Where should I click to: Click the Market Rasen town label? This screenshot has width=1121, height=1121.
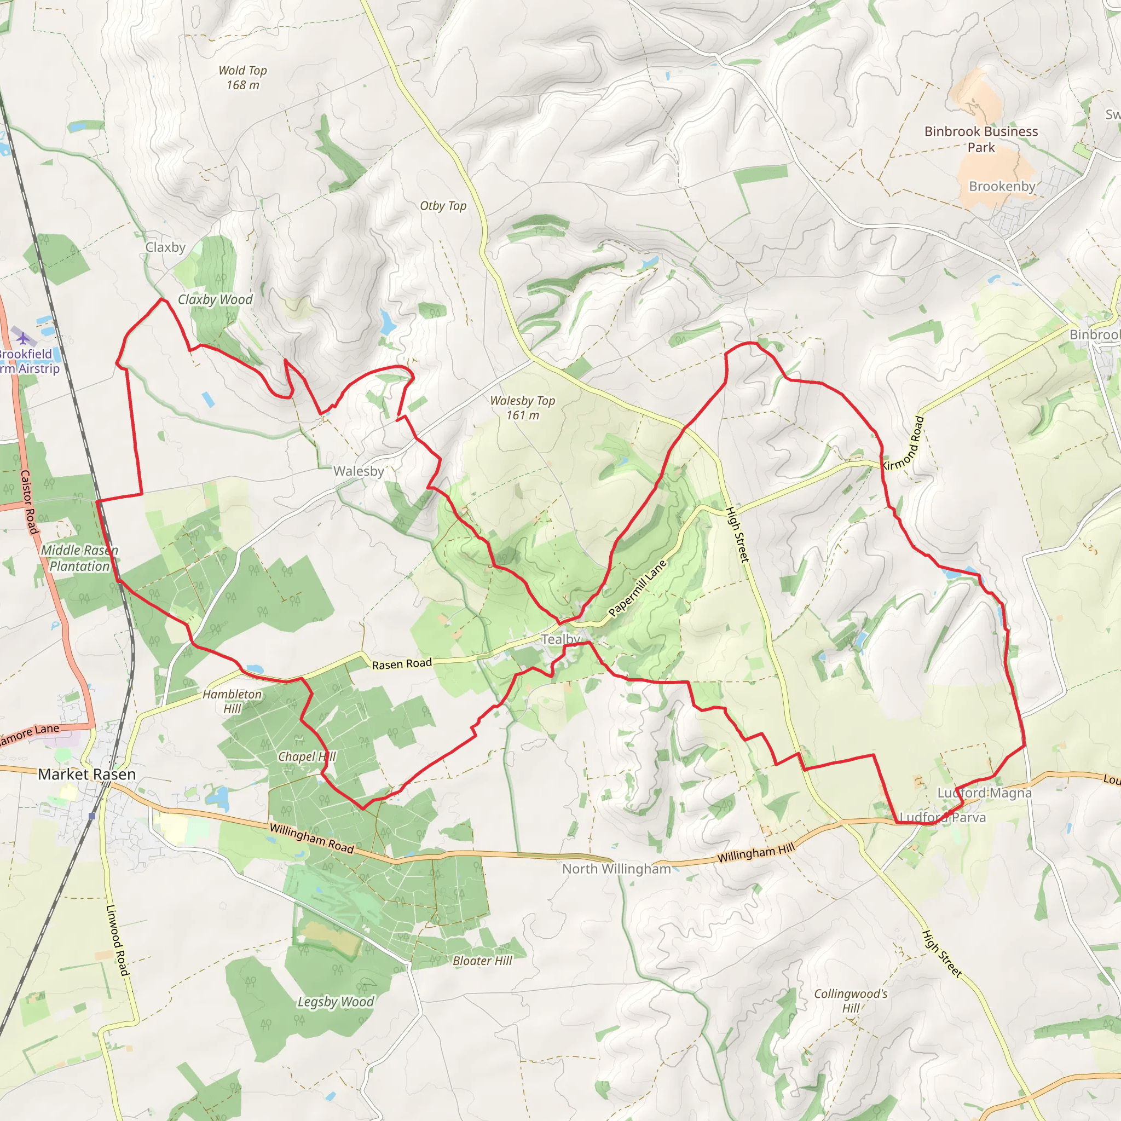pyautogui.click(x=86, y=774)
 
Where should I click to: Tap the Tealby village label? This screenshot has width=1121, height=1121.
pyautogui.click(x=560, y=639)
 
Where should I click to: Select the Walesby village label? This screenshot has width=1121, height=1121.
pyautogui.click(x=359, y=471)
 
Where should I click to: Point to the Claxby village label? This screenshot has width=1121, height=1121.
pyautogui.click(x=165, y=247)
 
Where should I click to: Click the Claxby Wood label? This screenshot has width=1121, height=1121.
pyautogui.click(x=215, y=299)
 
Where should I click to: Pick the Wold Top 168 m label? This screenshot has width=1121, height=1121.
pyautogui.click(x=242, y=78)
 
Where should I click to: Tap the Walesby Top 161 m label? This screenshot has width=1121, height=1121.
pyautogui.click(x=522, y=408)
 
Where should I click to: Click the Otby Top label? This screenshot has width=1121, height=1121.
pyautogui.click(x=443, y=206)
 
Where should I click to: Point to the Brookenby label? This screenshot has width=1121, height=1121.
pyautogui.click(x=1002, y=186)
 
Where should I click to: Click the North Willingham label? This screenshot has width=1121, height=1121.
pyautogui.click(x=616, y=869)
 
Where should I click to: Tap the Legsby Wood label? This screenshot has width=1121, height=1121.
pyautogui.click(x=336, y=1002)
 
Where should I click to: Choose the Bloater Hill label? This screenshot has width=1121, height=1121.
pyautogui.click(x=482, y=961)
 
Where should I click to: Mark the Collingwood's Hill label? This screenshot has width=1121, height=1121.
pyautogui.click(x=851, y=1001)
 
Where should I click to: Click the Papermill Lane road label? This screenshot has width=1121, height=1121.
pyautogui.click(x=637, y=588)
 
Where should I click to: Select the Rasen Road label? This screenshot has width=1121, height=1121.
pyautogui.click(x=402, y=664)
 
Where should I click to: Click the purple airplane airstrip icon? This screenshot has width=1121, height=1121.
pyautogui.click(x=23, y=337)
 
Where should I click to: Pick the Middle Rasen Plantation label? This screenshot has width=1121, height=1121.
pyautogui.click(x=79, y=558)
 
